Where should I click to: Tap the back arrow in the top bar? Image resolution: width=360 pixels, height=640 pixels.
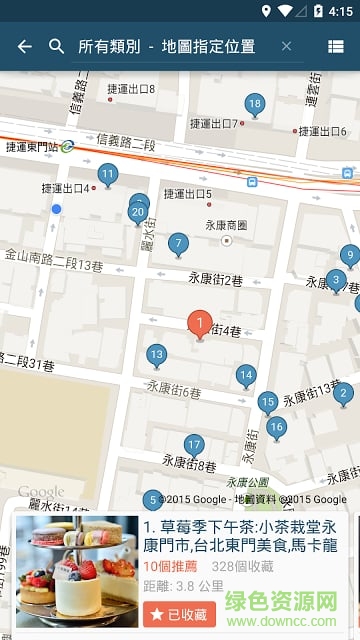25,46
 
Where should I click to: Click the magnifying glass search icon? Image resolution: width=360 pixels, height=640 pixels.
57,46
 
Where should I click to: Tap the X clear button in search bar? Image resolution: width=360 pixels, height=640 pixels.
287,46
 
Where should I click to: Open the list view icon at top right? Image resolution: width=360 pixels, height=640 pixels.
336,46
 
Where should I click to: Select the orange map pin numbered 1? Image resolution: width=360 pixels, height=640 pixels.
199,323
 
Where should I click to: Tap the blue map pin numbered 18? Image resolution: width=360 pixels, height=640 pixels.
254,104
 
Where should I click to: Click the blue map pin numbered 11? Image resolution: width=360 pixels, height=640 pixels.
107,174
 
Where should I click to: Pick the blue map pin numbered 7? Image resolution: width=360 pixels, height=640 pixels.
178,243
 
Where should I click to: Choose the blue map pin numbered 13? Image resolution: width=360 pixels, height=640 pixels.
156,354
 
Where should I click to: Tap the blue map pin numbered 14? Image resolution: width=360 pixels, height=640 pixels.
246,375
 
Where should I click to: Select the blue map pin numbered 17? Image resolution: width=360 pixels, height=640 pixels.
194,445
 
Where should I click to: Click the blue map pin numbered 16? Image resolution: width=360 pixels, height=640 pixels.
276,427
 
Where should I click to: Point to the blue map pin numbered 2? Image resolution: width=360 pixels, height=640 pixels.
343,392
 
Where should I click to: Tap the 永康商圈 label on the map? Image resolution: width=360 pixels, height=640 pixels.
226,225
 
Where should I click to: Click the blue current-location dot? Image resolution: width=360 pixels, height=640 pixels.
57,208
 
